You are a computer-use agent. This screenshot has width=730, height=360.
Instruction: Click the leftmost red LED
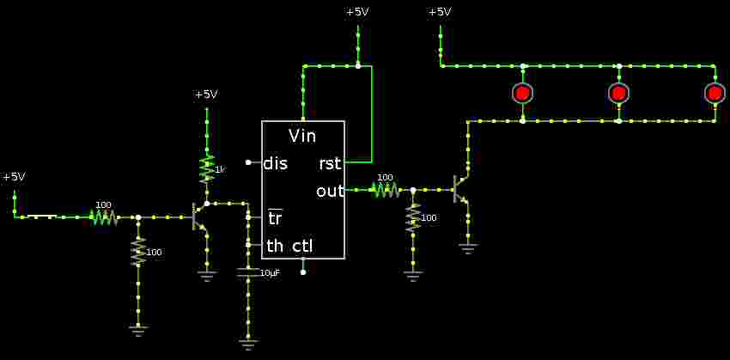(522, 93)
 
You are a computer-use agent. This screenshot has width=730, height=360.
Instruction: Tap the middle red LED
(618, 93)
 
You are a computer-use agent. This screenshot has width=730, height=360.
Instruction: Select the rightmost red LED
(715, 93)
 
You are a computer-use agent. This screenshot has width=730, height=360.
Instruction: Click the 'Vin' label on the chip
(302, 136)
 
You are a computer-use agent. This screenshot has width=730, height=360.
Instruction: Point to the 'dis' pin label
(276, 163)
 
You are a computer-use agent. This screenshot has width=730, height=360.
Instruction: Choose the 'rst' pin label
(330, 163)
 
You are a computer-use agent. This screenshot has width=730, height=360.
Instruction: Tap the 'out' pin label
(330, 191)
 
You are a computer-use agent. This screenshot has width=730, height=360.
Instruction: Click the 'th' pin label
(275, 247)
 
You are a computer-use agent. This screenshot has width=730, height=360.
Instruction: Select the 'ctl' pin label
(302, 247)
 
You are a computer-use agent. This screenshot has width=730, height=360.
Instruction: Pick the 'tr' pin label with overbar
(275, 218)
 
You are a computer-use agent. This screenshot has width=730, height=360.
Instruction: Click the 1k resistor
(207, 169)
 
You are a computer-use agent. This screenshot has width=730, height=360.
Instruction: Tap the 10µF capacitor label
(269, 273)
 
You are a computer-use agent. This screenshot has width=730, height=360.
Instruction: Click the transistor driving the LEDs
(460, 189)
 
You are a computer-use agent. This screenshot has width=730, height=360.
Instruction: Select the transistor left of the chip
(199, 217)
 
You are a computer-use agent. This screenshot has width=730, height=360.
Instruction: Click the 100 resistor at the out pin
(385, 189)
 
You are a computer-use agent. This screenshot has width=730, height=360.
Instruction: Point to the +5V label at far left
(14, 177)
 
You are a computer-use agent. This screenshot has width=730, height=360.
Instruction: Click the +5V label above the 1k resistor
(206, 95)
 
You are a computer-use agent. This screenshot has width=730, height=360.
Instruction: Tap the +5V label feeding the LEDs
(440, 12)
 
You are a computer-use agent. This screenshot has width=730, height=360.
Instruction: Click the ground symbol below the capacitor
(248, 344)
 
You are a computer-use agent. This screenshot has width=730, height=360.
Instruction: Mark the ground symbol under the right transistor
(467, 248)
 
